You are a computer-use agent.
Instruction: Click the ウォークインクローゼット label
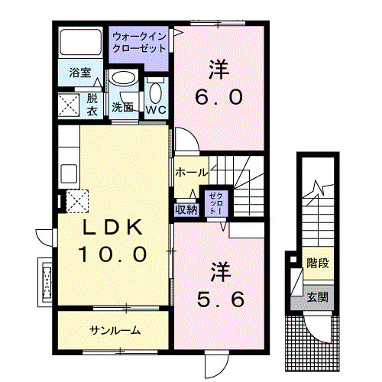pos(139,41)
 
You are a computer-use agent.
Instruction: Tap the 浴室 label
pos(80,74)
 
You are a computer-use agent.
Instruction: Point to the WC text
pos(157,109)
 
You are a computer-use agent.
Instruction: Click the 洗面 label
pos(123,107)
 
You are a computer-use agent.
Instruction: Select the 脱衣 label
pos(92,104)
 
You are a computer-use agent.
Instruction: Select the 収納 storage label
pos(186,209)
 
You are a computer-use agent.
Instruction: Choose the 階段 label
pos(317,264)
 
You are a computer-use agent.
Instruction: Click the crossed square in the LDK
pos(78,201)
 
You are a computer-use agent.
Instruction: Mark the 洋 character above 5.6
pos(221,271)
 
